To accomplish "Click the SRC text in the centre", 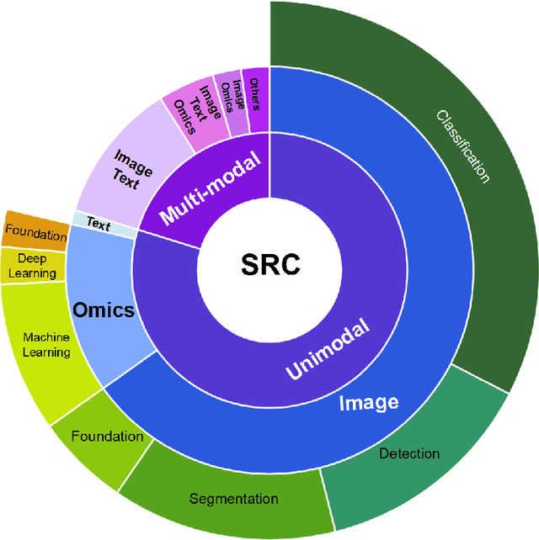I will (269, 267).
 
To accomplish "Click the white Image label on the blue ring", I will (368, 402).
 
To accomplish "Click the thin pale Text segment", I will (99, 225).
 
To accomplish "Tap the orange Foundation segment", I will (35, 231).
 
